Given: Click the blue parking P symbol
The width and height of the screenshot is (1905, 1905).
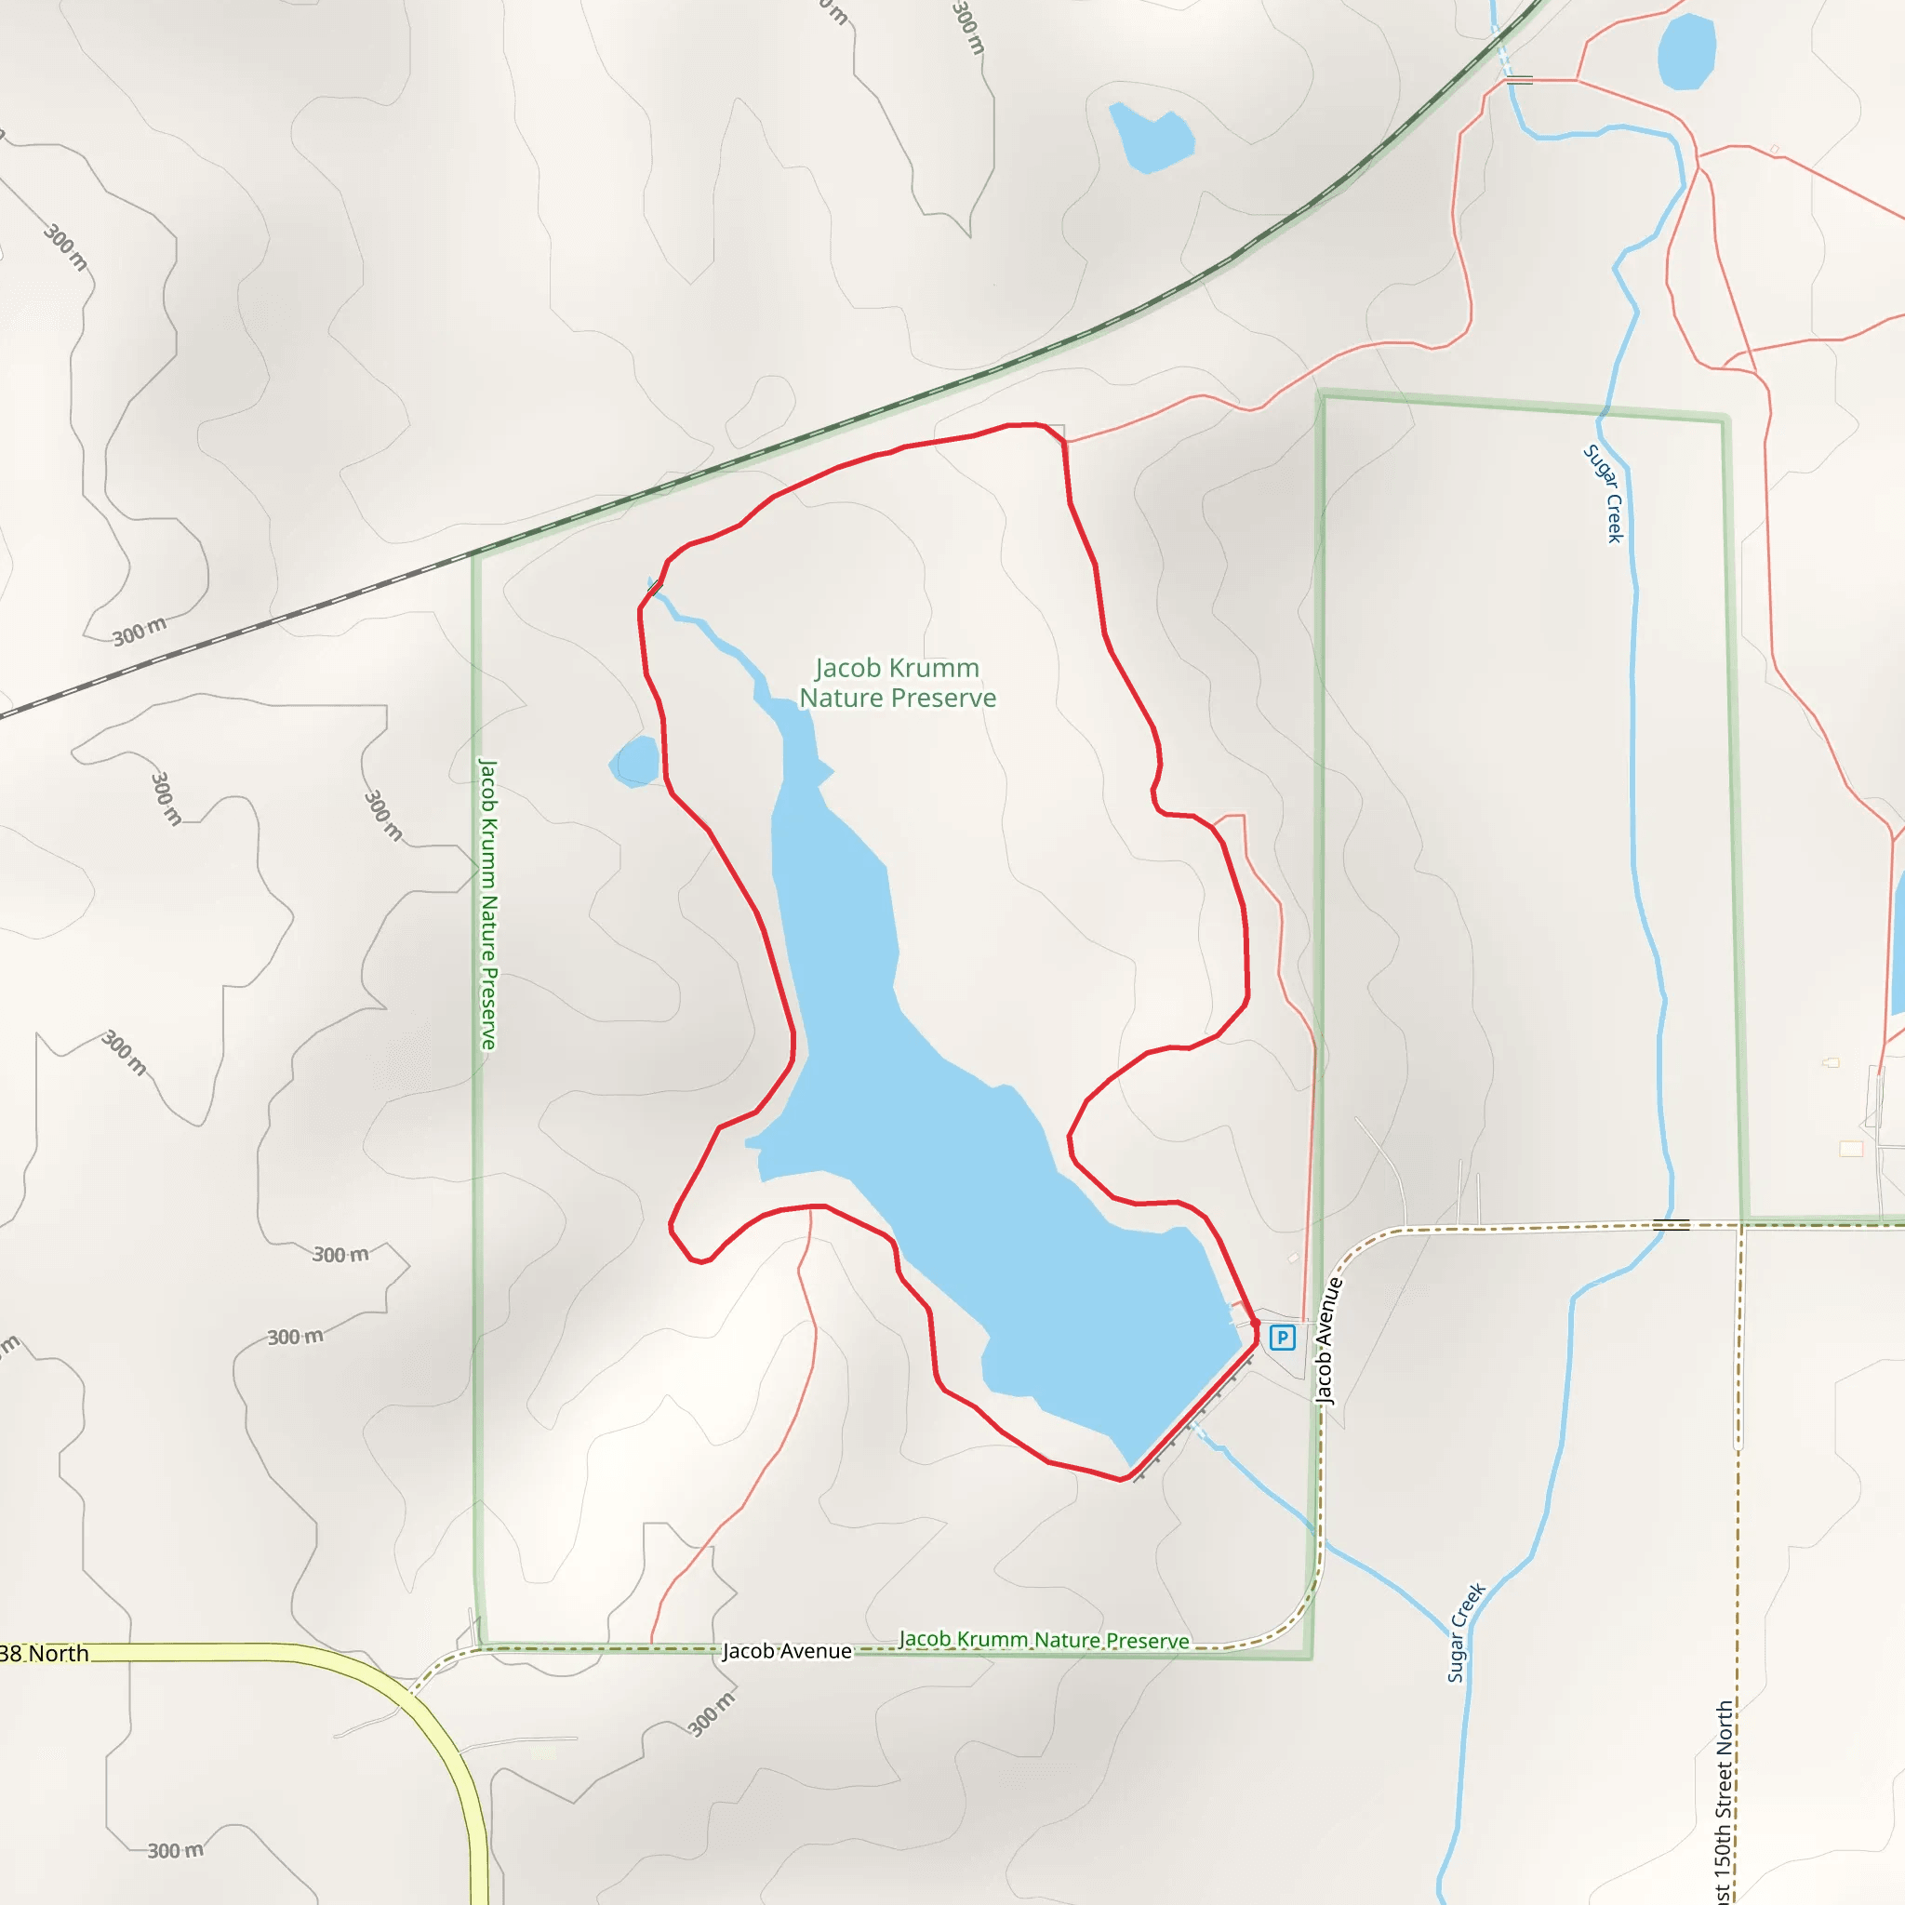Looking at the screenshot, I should [1282, 1338].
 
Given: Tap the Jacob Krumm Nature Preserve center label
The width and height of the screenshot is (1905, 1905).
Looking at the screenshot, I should [897, 683].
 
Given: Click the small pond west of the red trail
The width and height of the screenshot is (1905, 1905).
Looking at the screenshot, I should [635, 761].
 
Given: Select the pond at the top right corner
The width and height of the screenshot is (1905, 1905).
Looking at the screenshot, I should [1686, 50].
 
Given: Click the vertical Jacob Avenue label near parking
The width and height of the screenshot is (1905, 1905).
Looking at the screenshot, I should [1328, 1341].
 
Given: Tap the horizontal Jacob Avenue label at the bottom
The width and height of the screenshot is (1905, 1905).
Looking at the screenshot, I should [787, 1651].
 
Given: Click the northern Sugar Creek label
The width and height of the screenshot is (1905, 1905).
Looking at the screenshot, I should [1604, 493].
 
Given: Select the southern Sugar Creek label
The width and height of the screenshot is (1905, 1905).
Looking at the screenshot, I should [1465, 1632].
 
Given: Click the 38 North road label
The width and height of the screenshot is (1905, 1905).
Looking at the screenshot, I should [45, 1654].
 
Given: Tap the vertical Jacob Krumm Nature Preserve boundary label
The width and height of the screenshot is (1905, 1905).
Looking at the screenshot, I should [487, 903].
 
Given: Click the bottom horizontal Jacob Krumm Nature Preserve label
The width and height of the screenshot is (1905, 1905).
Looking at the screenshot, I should [1045, 1640].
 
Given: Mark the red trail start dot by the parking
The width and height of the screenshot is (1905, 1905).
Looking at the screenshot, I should [1255, 1324].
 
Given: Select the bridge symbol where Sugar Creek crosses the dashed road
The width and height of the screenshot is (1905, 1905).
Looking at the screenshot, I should [1671, 1225].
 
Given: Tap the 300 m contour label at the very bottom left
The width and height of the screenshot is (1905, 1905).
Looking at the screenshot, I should [176, 1851].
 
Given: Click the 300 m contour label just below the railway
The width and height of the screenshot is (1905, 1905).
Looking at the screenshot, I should [139, 631].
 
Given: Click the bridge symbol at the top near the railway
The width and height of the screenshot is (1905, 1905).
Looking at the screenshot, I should [1520, 80].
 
